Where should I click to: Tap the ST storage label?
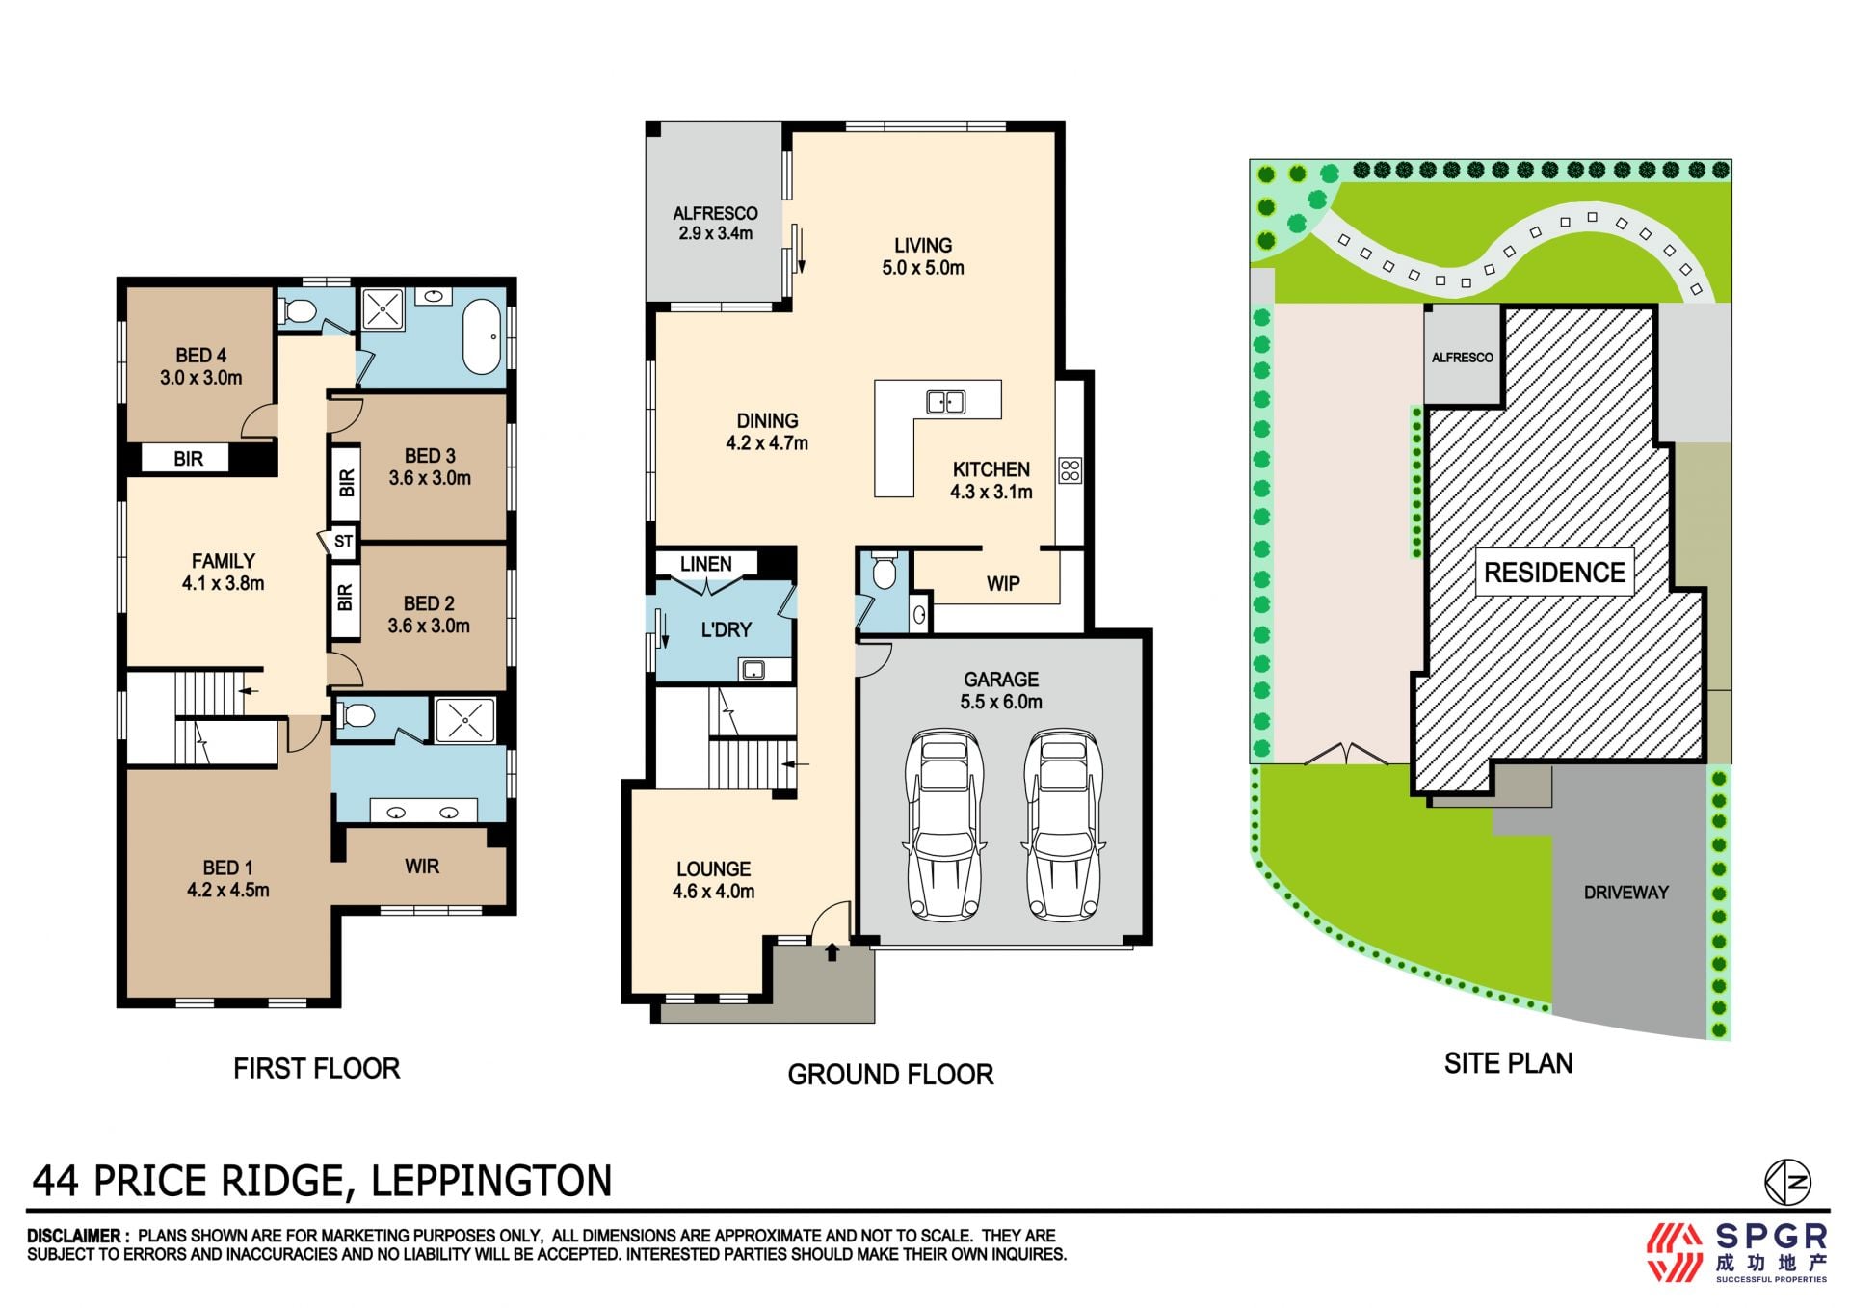pos(344,542)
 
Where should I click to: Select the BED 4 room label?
pos(200,356)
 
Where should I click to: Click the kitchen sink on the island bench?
pos(945,401)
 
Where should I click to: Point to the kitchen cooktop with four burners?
pos(1070,470)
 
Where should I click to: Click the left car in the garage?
pos(944,825)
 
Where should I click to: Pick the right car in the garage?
pos(1063,825)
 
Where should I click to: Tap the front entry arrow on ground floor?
pos(832,952)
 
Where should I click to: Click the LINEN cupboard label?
pos(706,564)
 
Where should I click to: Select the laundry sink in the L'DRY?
pos(753,669)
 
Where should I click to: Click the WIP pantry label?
pos(1003,584)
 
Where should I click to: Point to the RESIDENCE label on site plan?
pos(1554,573)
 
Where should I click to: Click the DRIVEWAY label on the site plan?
pos(1626,893)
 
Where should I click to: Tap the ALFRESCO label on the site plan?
pos(1463,358)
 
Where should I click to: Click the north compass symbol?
pos(1787,1182)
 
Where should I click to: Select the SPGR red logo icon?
pos(1675,1252)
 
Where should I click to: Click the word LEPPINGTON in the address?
pos(491,1181)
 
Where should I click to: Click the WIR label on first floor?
pos(422,867)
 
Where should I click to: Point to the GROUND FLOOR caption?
pos(890,1075)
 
